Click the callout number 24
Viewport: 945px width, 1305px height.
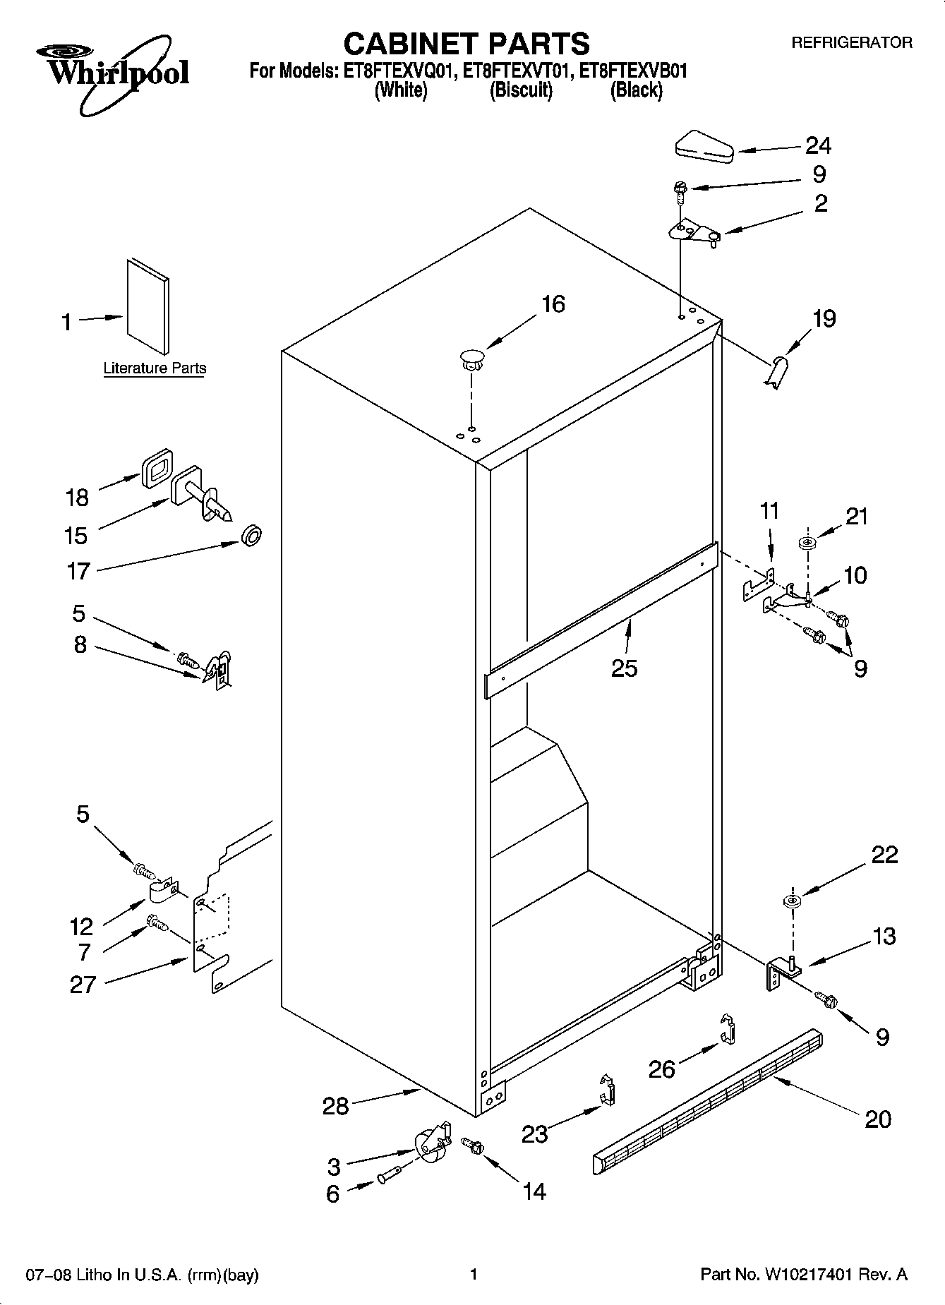point(818,145)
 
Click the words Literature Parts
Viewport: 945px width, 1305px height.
point(155,368)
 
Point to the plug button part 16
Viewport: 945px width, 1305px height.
point(471,358)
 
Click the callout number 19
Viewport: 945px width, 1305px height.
point(824,318)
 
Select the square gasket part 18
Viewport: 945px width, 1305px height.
point(157,467)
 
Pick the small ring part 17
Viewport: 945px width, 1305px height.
point(251,535)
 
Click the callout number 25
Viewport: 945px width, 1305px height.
point(624,668)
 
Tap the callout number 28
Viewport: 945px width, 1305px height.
point(335,1105)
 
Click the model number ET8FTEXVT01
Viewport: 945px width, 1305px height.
point(521,71)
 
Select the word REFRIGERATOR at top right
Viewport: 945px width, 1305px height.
point(851,43)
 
